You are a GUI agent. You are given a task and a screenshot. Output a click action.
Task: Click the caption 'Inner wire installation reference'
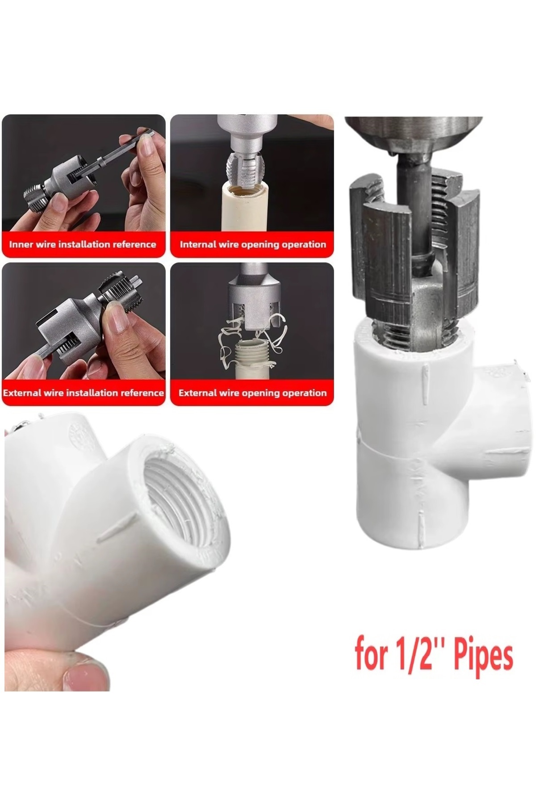click(x=83, y=244)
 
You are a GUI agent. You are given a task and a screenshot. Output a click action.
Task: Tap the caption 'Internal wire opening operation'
click(x=253, y=244)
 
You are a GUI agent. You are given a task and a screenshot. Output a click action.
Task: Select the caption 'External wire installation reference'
click(x=84, y=393)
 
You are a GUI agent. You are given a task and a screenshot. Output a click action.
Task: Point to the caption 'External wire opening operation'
click(x=253, y=393)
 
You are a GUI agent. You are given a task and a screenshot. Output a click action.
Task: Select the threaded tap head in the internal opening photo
click(x=244, y=167)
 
